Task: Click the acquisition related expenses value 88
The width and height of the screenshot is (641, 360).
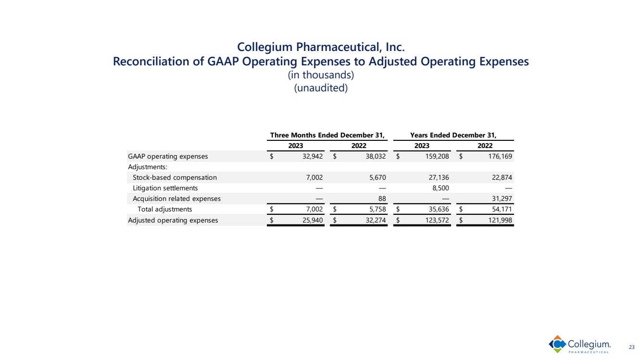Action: coord(382,199)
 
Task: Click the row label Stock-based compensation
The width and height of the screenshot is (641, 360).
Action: coord(175,177)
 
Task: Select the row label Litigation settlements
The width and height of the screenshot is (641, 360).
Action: coord(165,188)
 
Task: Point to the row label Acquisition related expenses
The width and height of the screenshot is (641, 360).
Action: coord(176,199)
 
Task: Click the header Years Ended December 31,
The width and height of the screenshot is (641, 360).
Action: coord(453,135)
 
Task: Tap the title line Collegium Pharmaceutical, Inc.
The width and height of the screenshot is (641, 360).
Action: coord(321,47)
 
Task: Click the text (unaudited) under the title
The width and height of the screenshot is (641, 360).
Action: coord(321,89)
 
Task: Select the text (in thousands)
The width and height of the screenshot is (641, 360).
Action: coord(321,75)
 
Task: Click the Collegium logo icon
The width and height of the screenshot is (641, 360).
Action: coord(557,344)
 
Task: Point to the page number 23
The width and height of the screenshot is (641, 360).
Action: coord(632,347)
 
